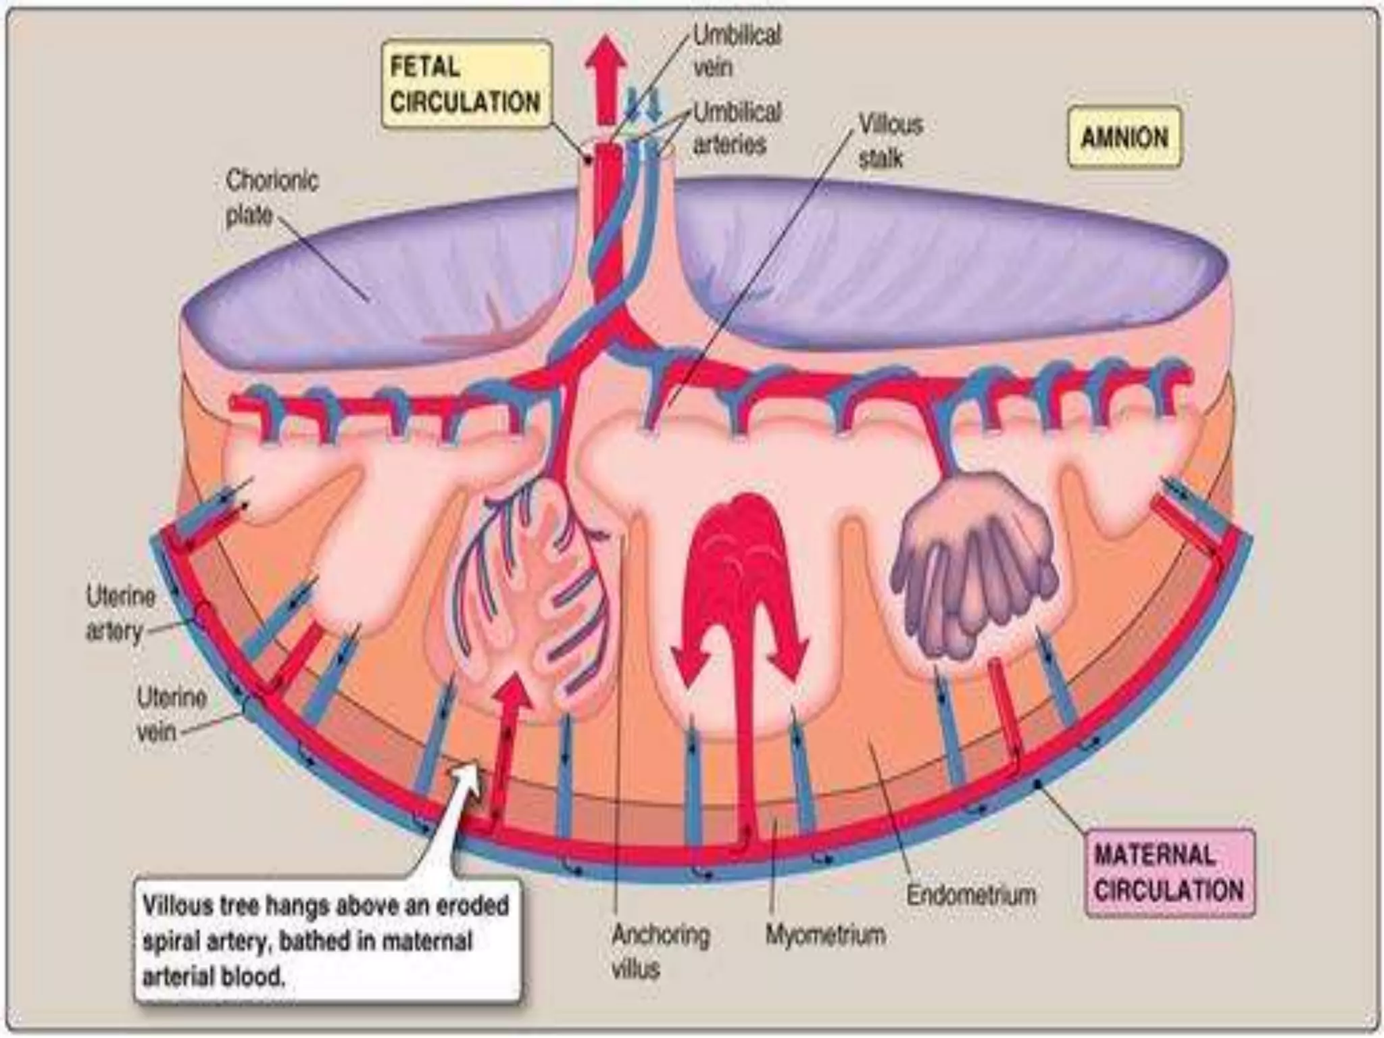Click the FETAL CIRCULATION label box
(x=466, y=85)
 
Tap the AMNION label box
(x=1124, y=137)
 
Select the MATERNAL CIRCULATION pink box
(x=1169, y=872)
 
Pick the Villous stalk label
(x=889, y=141)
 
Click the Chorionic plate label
(x=271, y=198)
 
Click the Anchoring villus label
(x=659, y=951)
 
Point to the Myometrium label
(x=824, y=935)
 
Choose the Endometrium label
(x=970, y=895)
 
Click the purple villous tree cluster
(x=973, y=561)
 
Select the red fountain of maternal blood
(x=741, y=574)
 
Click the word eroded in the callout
(x=470, y=906)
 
